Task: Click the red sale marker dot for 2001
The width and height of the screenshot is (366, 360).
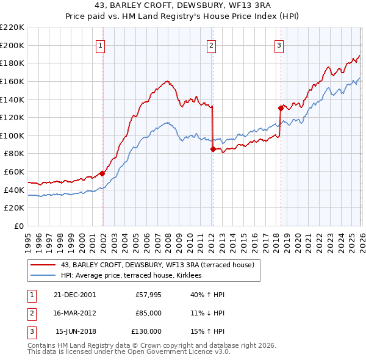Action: (x=102, y=173)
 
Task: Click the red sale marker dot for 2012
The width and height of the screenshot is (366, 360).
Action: (x=212, y=149)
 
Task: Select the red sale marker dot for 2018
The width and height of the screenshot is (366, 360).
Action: (x=281, y=108)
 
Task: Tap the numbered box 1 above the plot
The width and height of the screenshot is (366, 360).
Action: (x=99, y=45)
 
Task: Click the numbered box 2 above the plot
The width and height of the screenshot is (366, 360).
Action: (x=210, y=45)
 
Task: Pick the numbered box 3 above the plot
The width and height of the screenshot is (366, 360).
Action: (x=279, y=45)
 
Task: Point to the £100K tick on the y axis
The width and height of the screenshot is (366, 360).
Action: (x=12, y=135)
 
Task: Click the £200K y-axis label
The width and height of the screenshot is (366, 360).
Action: (x=12, y=45)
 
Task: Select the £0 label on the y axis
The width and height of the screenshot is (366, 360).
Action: (x=18, y=226)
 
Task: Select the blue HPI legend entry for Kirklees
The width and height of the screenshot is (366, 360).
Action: (x=135, y=276)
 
